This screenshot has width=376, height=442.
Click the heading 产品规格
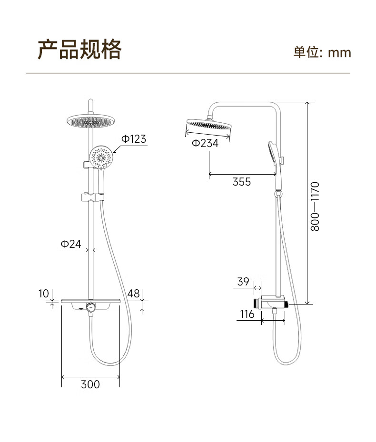pyautogui.click(x=79, y=49)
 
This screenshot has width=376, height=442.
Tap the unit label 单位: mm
pyautogui.click(x=322, y=52)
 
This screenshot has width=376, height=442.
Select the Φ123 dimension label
pyautogui.click(x=134, y=138)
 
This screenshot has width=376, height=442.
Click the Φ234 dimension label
pyautogui.click(x=205, y=143)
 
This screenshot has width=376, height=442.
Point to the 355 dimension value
pyautogui.click(x=242, y=182)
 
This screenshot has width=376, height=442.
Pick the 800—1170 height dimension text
pyautogui.click(x=315, y=206)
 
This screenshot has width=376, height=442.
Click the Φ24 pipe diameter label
pyautogui.click(x=71, y=244)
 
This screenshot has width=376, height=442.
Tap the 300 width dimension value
pyautogui.click(x=90, y=384)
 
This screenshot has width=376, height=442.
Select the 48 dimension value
pyautogui.click(x=133, y=294)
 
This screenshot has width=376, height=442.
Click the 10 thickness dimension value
pyautogui.click(x=44, y=294)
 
